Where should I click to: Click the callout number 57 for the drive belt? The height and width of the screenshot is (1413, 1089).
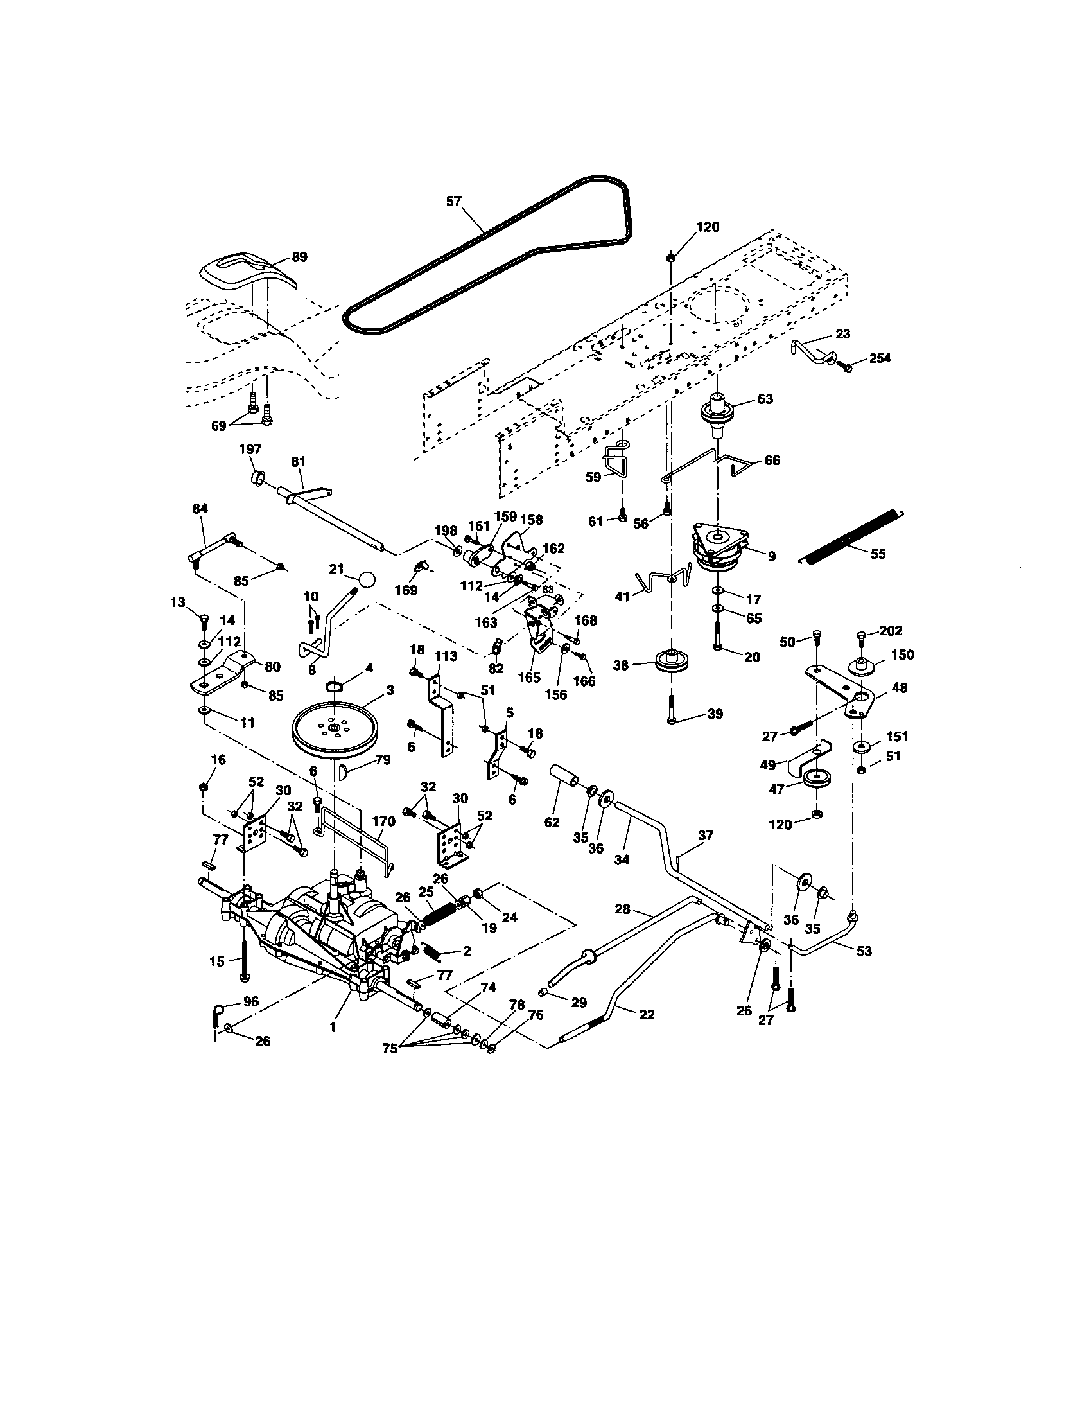[454, 201]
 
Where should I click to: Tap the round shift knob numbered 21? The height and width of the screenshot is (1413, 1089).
[367, 580]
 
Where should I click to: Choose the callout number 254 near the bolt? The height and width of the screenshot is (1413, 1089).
[880, 358]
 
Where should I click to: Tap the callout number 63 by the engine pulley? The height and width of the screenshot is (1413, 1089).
[764, 399]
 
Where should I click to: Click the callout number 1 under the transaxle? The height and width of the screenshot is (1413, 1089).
[333, 1027]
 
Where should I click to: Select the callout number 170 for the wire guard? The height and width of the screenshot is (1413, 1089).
[383, 821]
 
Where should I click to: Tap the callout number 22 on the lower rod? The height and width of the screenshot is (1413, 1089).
[646, 1014]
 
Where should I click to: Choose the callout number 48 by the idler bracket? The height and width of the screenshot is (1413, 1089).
[899, 688]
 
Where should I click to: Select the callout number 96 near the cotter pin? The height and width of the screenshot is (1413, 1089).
[250, 1001]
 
